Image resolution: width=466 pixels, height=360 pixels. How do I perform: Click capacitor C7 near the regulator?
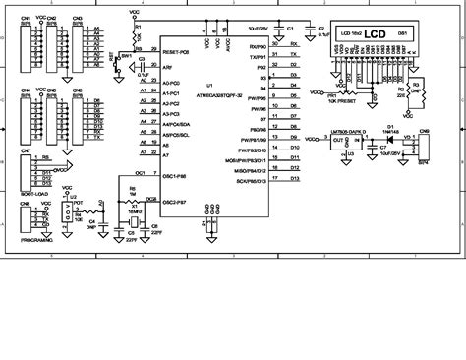coord(381,157)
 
